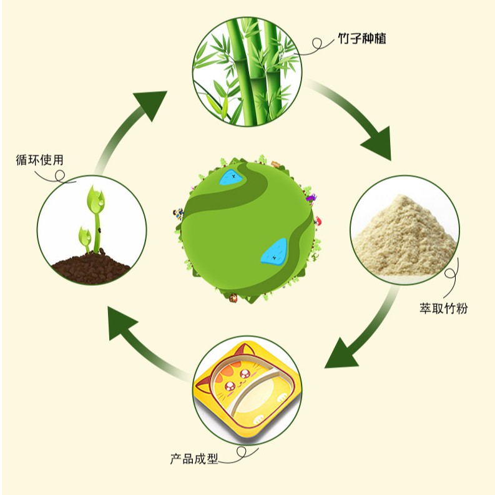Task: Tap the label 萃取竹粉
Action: click(444, 308)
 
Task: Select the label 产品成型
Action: click(194, 459)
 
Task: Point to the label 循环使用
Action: click(40, 160)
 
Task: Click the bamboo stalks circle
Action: click(247, 71)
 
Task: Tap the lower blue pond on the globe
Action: click(274, 252)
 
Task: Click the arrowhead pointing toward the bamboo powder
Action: click(377, 144)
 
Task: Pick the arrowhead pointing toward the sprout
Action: click(122, 325)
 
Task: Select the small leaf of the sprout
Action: click(84, 237)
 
